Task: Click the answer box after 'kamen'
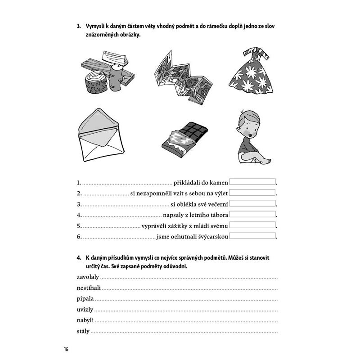click(x=252, y=182)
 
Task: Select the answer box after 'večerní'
click(x=252, y=203)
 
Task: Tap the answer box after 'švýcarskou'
click(x=252, y=236)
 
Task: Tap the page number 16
click(x=66, y=349)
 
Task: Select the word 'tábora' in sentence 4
click(x=217, y=215)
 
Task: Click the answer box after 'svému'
click(x=252, y=225)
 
